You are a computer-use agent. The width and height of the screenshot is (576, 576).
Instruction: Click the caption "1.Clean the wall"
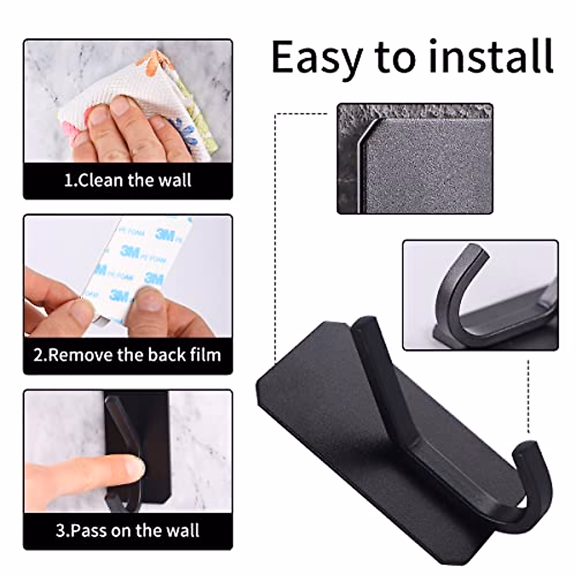pos(128,180)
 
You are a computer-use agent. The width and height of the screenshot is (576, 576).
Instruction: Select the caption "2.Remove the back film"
pos(128,355)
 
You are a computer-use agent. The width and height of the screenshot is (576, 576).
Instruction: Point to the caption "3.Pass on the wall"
pos(128,530)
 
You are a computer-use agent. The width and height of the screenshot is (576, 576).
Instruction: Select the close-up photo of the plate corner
pos(415,158)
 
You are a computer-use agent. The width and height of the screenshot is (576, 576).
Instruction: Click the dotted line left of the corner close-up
pos(275,240)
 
